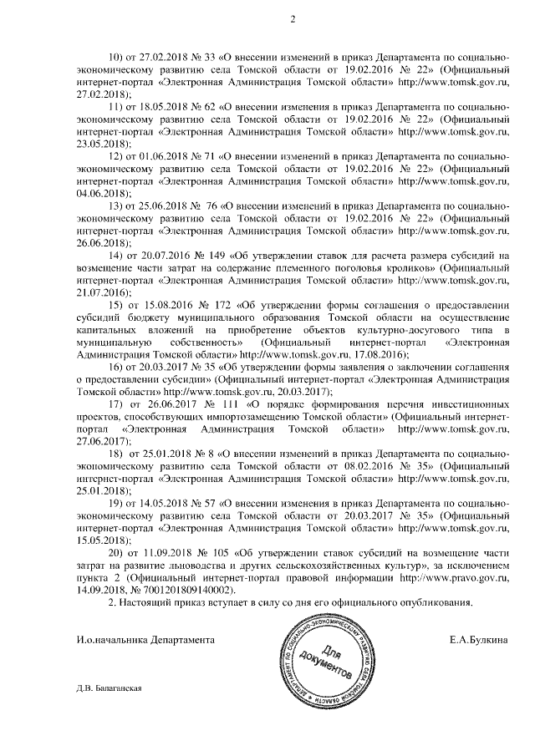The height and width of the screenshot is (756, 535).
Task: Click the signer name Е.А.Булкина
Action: point(479,639)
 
